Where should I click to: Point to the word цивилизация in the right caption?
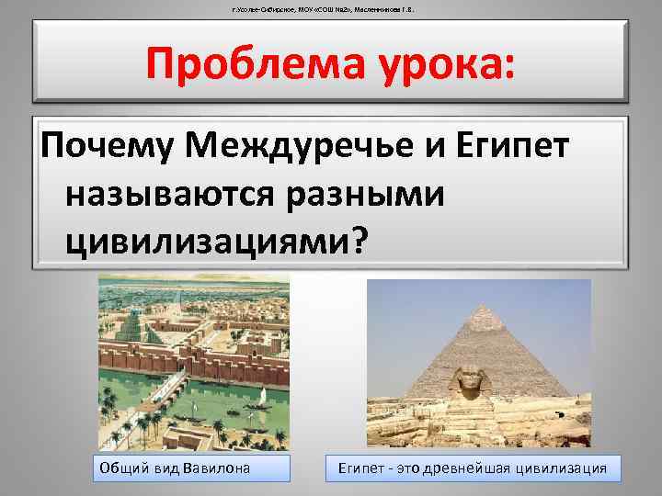tap(562, 468)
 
